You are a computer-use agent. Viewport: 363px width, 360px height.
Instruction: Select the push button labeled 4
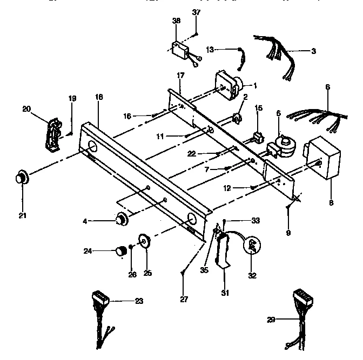pyautogui.click(x=122, y=219)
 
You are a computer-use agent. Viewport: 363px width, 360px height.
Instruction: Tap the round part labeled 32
pyautogui.click(x=252, y=246)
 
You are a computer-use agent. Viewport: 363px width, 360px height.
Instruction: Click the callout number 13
pyautogui.click(x=210, y=49)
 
